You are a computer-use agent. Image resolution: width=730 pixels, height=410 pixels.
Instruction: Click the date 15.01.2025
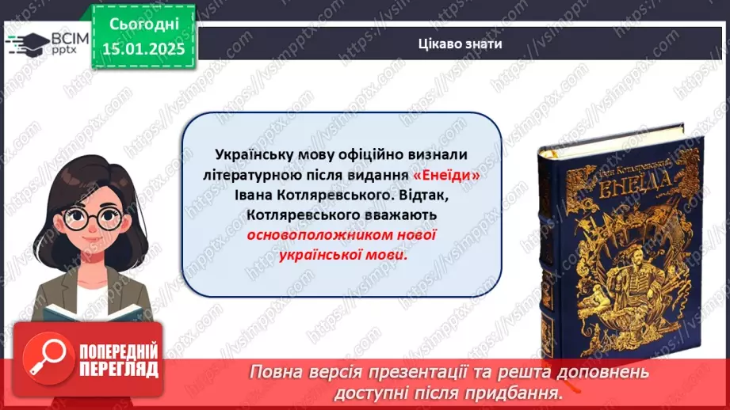coord(142,48)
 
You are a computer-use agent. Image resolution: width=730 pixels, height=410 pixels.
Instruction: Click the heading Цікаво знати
coord(460,44)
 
